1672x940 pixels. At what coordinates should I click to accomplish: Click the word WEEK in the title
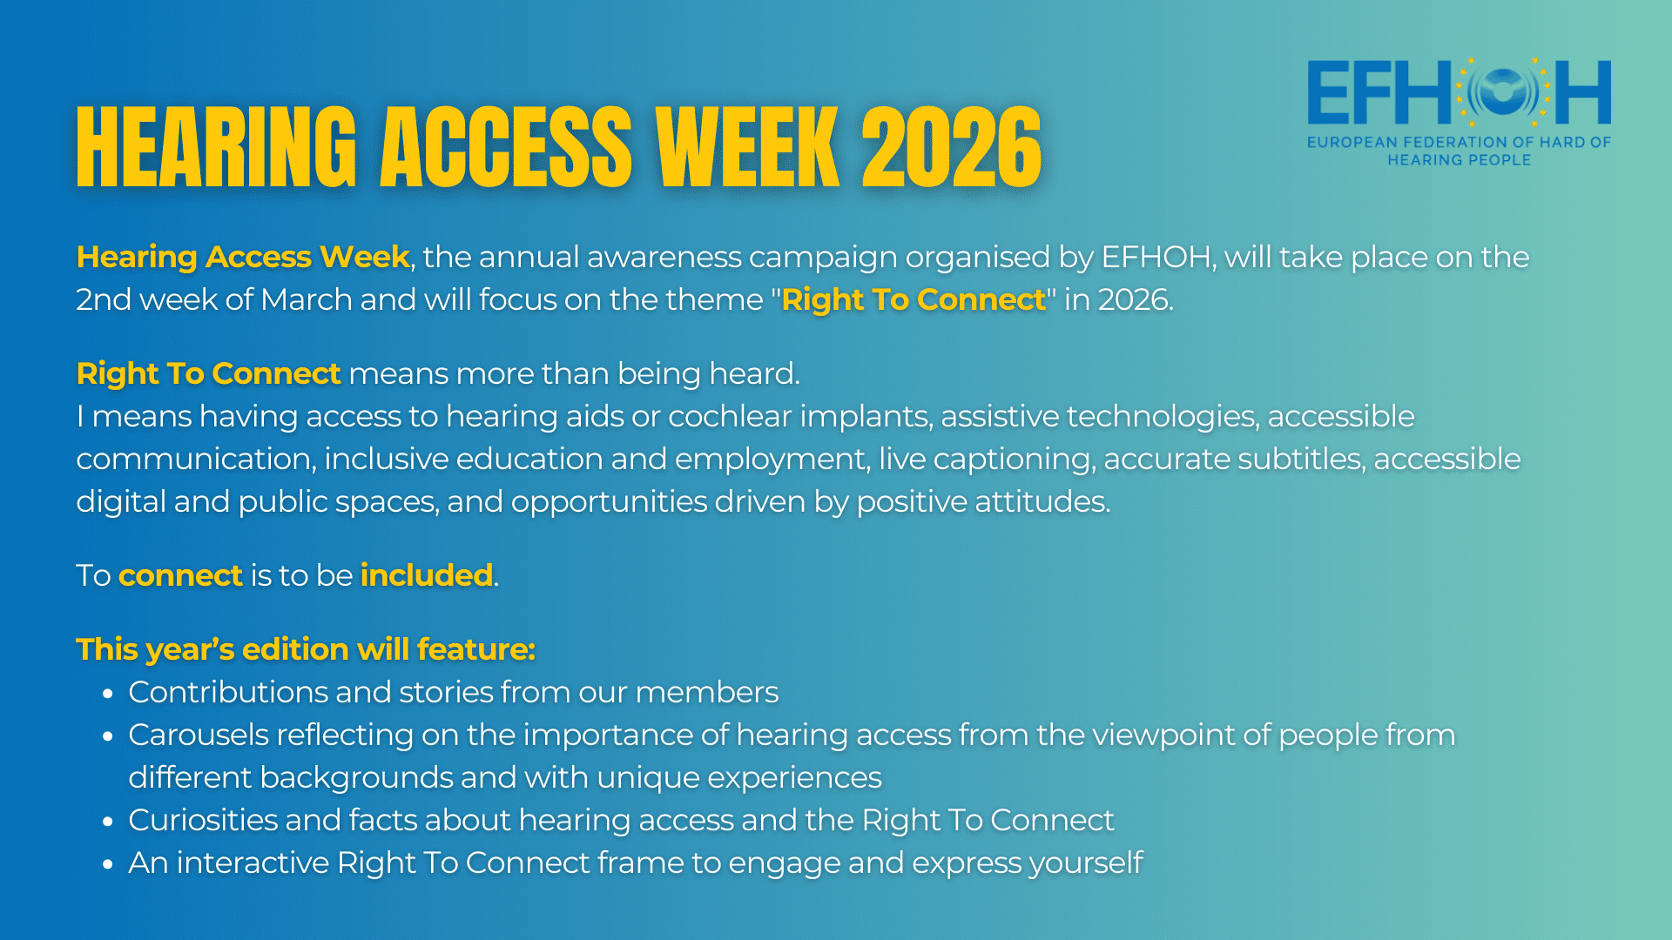coord(747,147)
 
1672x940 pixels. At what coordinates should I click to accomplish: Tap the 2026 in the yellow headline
coord(951,147)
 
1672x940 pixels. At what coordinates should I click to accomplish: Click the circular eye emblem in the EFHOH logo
coord(1504,91)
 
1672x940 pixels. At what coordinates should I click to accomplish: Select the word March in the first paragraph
coord(306,299)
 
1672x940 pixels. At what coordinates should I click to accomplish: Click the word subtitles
coord(1301,459)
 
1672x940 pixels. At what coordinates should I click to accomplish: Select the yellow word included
coord(427,575)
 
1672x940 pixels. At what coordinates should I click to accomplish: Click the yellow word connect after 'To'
coord(180,576)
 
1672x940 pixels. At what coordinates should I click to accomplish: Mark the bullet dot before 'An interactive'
coord(108,864)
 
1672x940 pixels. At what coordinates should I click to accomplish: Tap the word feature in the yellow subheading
coord(475,649)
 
